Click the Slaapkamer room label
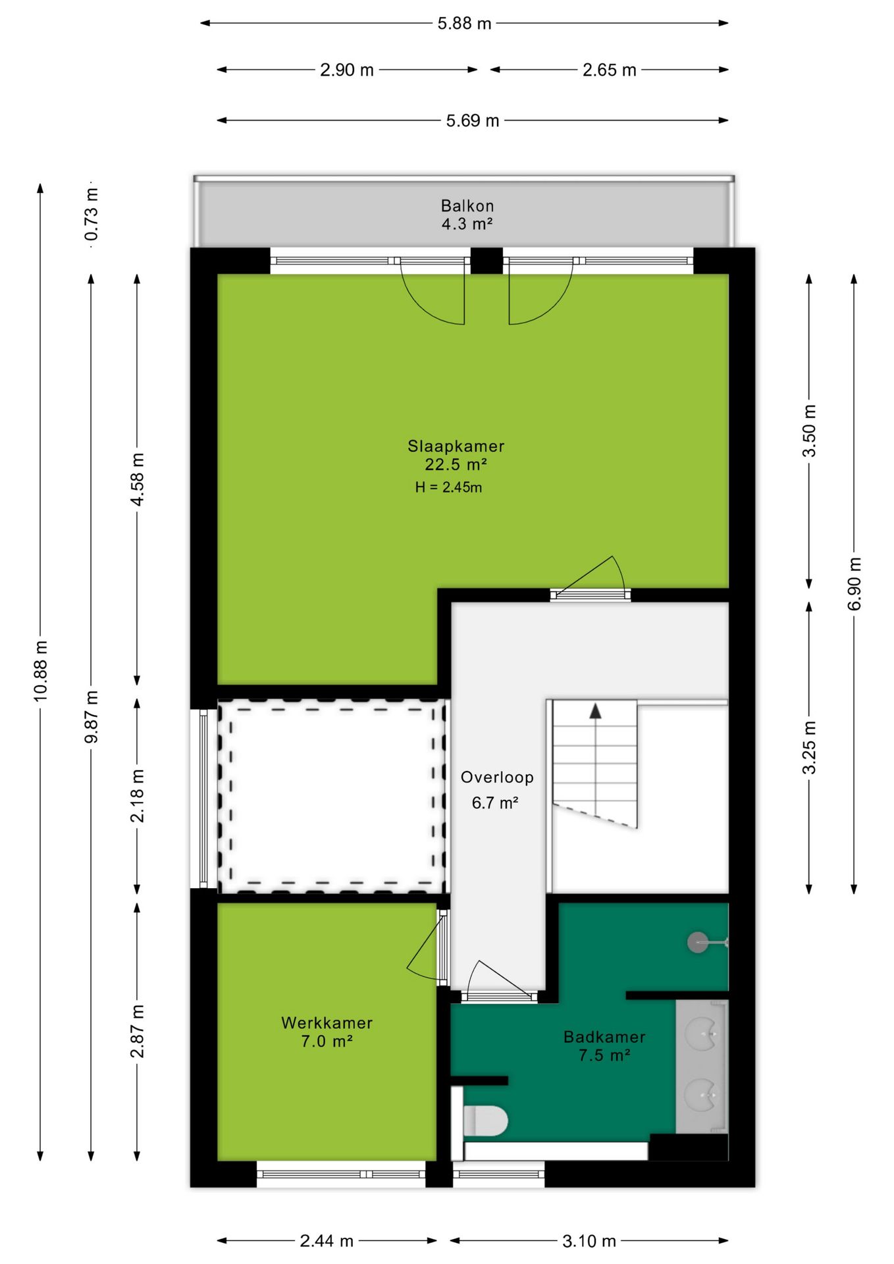[456, 446]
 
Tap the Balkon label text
[467, 205]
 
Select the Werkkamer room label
[327, 1022]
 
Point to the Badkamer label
[604, 1037]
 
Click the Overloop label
[497, 777]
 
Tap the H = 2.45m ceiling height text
[448, 487]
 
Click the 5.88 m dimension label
[464, 23]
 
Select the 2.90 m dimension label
[347, 70]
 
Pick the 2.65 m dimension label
[609, 70]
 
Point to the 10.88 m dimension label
[41, 671]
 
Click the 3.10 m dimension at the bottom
[589, 1241]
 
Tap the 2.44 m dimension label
[327, 1241]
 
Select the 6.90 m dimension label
[855, 584]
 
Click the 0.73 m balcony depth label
[92, 214]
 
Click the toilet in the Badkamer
[485, 1120]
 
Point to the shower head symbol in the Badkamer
[698, 943]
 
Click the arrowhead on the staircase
[595, 711]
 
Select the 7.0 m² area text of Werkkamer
[327, 1041]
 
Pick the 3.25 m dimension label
[809, 747]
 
